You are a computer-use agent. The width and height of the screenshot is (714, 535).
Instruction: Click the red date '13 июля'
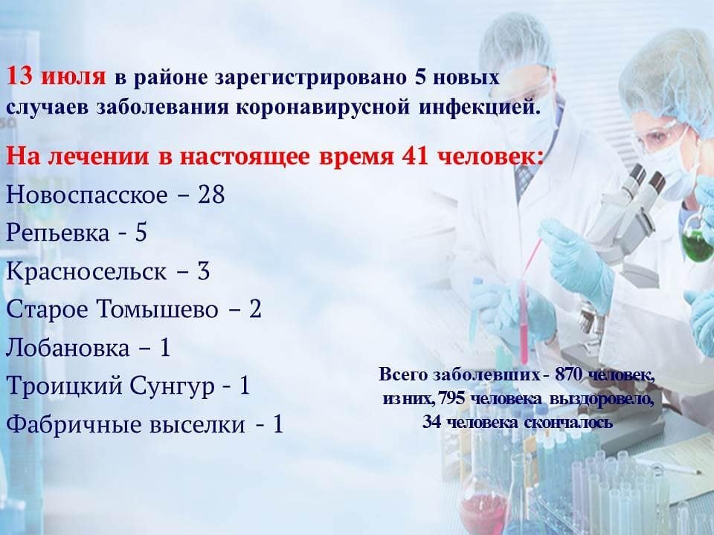pos(56,76)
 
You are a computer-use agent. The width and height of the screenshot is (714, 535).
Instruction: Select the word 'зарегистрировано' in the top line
pos(311,77)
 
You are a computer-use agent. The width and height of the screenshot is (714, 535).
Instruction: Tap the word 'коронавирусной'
pos(324,108)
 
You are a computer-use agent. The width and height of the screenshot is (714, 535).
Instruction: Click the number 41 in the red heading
pos(415,156)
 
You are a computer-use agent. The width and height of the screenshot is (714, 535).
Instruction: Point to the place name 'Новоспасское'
pos(87,195)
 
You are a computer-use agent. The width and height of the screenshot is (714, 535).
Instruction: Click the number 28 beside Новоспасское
pos(211,194)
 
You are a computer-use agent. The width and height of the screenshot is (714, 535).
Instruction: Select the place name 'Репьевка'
pos(58,233)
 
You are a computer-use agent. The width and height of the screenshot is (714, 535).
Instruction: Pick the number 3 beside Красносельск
pos(203,270)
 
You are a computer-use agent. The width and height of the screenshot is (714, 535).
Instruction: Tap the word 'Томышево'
pos(158,309)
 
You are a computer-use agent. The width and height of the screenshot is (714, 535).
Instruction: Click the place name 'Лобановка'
pos(68,348)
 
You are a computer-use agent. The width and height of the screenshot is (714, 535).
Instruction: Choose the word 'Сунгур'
pos(172,386)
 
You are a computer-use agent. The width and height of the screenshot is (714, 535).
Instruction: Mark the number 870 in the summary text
pos(569,374)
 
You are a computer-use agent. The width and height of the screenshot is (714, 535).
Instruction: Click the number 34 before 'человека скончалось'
pos(431,422)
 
